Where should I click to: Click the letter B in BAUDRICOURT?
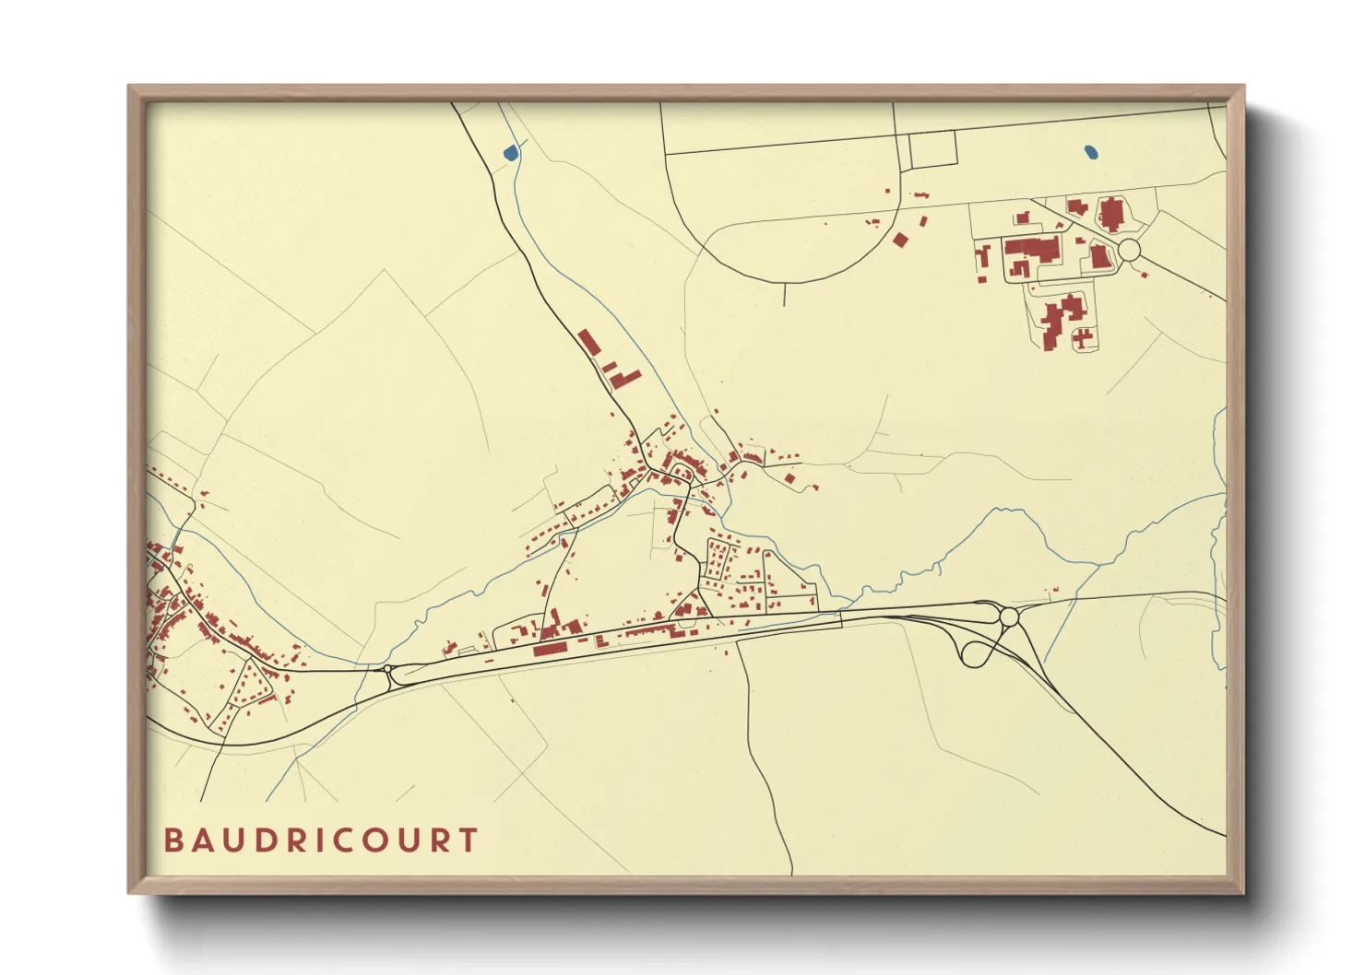[x=172, y=840]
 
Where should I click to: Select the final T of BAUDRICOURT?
[x=469, y=840]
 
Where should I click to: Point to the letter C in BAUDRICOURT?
[x=340, y=840]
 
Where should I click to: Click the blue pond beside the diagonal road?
[x=510, y=153]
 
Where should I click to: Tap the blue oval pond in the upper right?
[x=1091, y=152]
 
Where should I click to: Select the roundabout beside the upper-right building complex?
[x=1129, y=250]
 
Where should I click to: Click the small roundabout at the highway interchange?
[x=1008, y=616]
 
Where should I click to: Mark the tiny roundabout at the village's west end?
[x=388, y=668]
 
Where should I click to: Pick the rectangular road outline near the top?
[x=932, y=150]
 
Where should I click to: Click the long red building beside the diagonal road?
[x=589, y=342]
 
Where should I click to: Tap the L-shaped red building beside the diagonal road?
[x=625, y=378]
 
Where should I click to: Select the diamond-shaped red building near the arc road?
[x=900, y=240]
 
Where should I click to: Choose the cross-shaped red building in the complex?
[x=1083, y=337]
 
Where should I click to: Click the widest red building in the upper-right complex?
[x=1033, y=248]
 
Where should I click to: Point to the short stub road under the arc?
[x=784, y=294]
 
